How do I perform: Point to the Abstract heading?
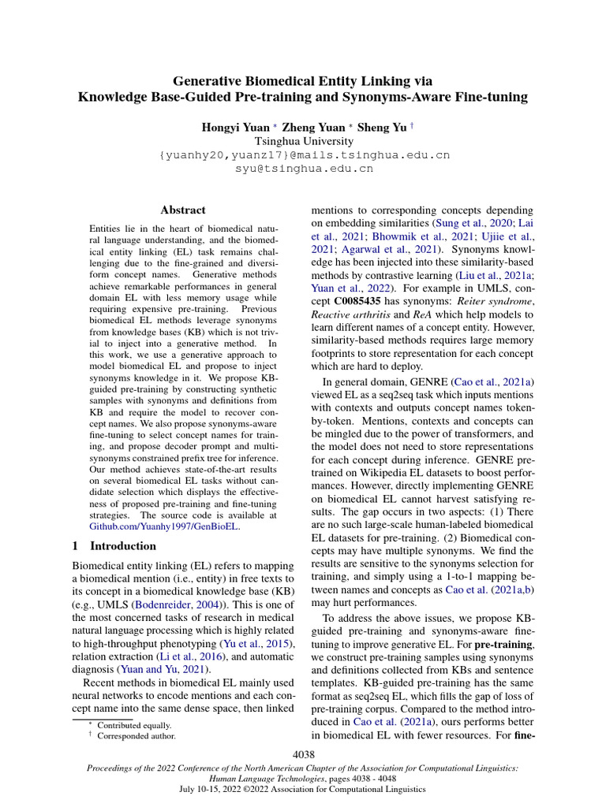(183, 210)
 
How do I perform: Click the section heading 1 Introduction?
(114, 545)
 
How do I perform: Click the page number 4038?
(304, 755)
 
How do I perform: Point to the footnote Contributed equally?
(134, 725)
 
